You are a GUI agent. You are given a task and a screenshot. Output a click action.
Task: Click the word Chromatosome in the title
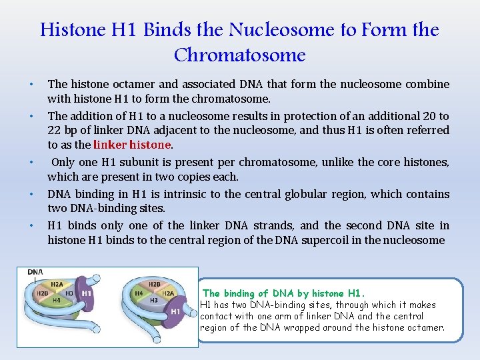[239, 55]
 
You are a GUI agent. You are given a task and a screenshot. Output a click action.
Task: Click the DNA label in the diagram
[36, 273]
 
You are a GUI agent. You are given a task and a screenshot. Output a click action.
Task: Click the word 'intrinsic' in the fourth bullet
[178, 194]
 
